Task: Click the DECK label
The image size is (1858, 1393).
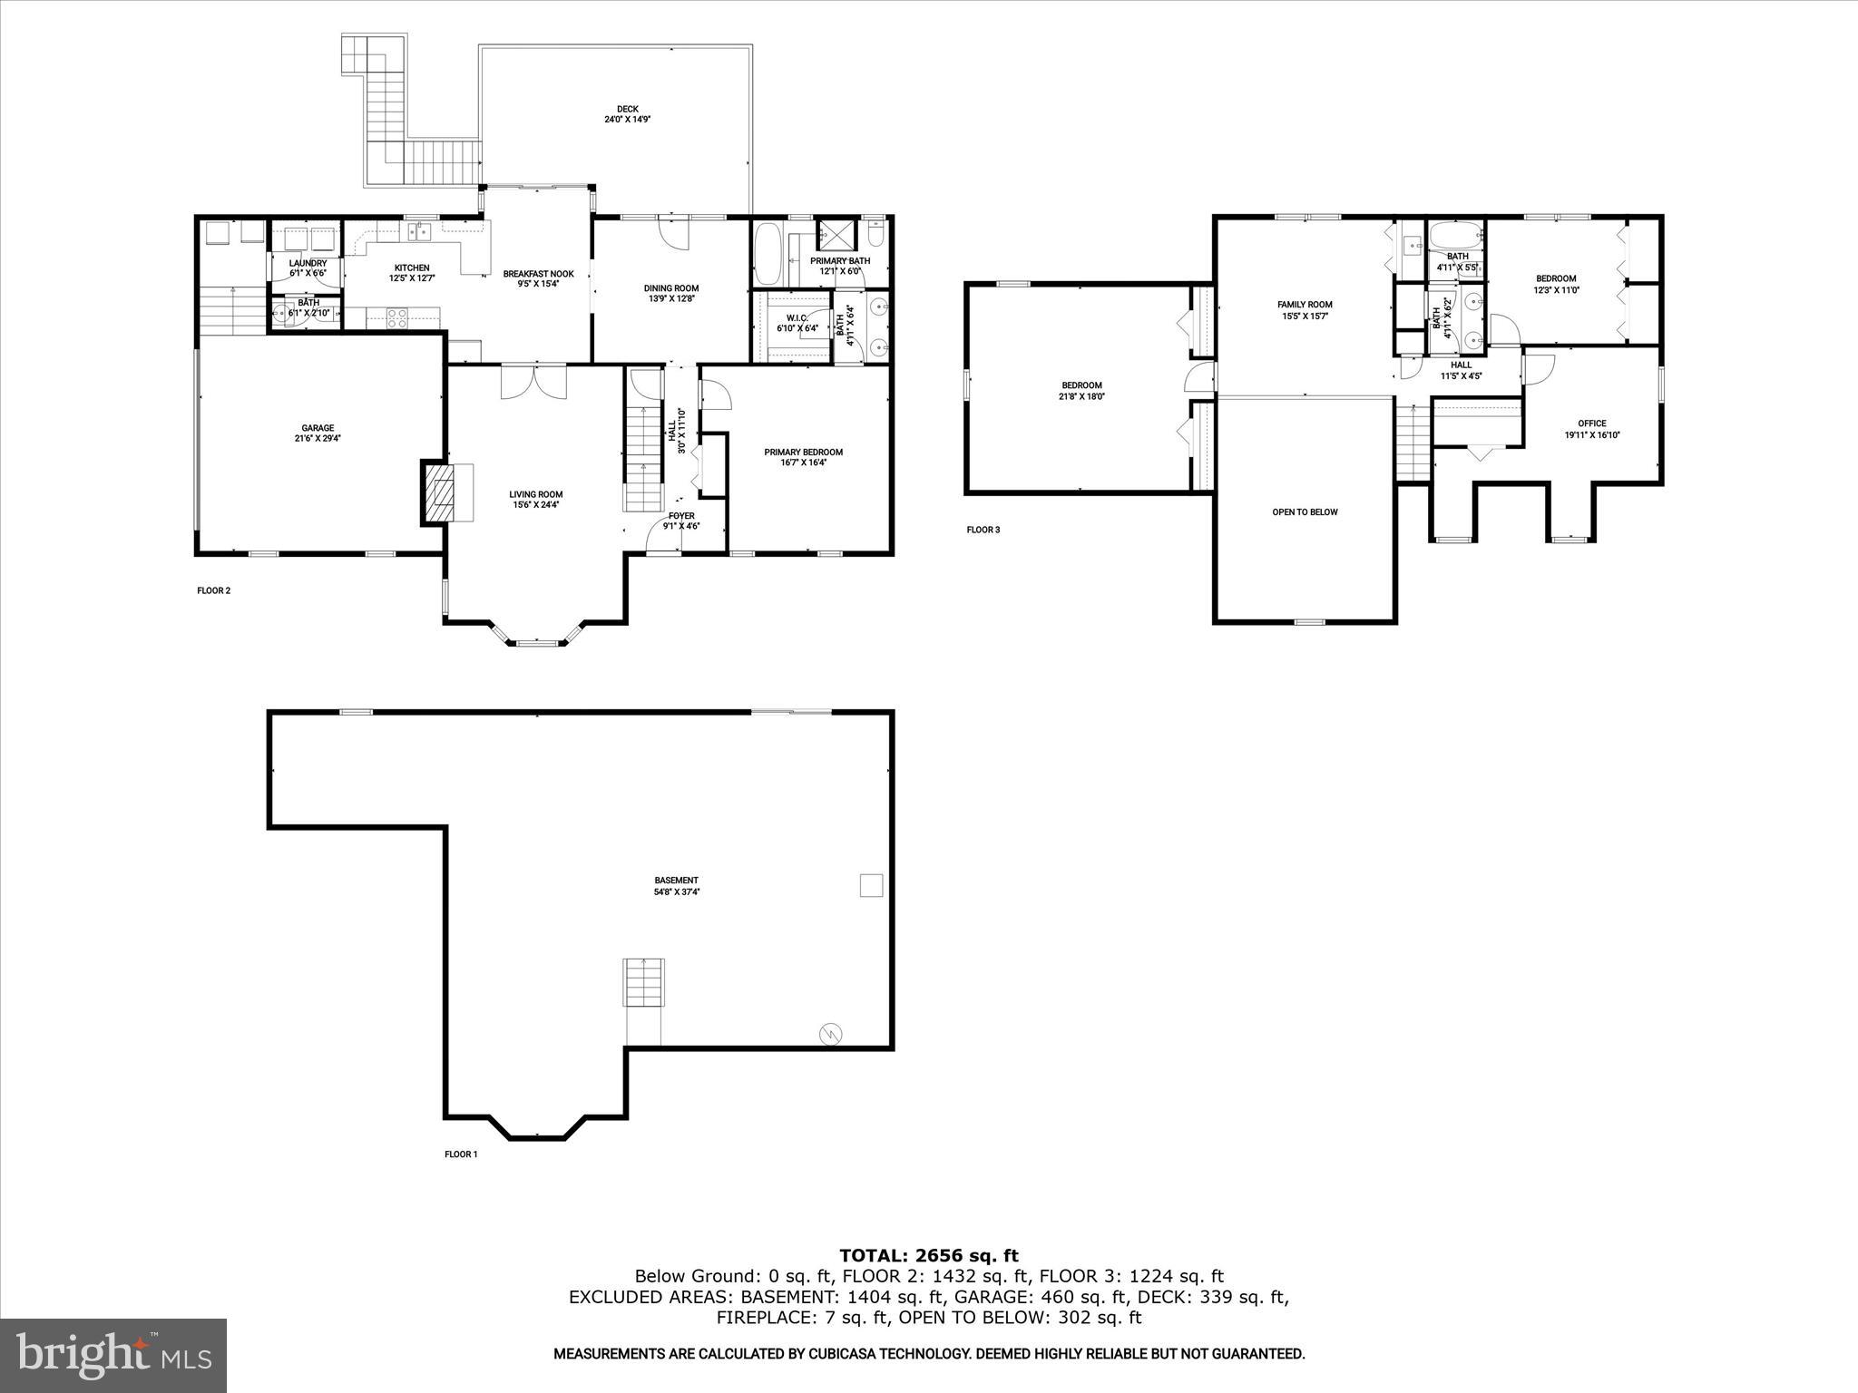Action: pyautogui.click(x=628, y=110)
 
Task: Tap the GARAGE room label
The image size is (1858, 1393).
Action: pyautogui.click(x=318, y=428)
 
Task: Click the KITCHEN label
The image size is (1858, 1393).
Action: pyautogui.click(x=411, y=268)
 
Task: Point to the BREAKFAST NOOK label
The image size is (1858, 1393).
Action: pyautogui.click(x=538, y=274)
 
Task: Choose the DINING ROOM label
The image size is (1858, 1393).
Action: pyautogui.click(x=671, y=288)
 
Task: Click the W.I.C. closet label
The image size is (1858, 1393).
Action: pyautogui.click(x=797, y=318)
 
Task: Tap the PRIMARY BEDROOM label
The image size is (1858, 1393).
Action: pyautogui.click(x=803, y=453)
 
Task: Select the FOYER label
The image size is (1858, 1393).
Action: pyautogui.click(x=681, y=516)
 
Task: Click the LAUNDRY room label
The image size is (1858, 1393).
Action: pyautogui.click(x=308, y=263)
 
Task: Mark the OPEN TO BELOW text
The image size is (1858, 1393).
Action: pyautogui.click(x=1305, y=511)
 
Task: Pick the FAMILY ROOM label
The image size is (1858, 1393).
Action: pyautogui.click(x=1305, y=305)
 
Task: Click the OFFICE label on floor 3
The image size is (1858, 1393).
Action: pyautogui.click(x=1591, y=424)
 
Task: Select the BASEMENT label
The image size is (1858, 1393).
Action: pyautogui.click(x=676, y=880)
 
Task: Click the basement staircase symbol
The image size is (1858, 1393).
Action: pyautogui.click(x=643, y=981)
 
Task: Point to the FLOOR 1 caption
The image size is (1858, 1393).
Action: pyautogui.click(x=460, y=1154)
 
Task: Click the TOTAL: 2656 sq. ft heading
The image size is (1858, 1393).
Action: pyautogui.click(x=928, y=1255)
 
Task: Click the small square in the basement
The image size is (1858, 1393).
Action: pyautogui.click(x=871, y=885)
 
